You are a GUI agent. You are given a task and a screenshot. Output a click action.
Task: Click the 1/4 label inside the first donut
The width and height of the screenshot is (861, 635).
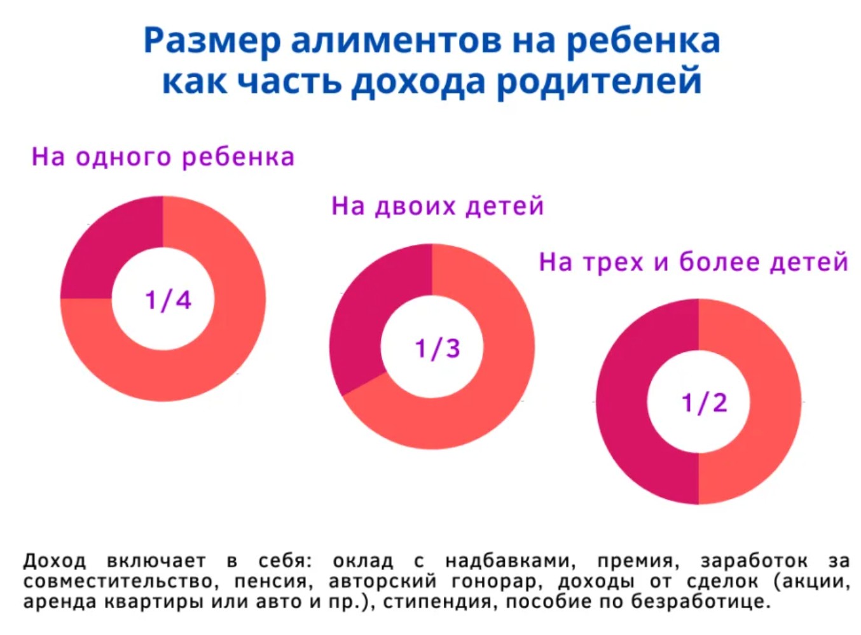point(168,300)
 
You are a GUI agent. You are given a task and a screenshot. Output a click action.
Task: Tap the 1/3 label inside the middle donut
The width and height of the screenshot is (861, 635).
point(437,349)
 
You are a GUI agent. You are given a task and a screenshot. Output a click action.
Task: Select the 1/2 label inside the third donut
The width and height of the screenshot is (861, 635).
point(704,403)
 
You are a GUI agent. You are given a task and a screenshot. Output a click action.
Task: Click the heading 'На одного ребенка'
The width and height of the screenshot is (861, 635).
point(163,157)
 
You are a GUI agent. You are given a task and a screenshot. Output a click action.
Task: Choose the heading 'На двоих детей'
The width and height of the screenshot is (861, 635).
point(437,206)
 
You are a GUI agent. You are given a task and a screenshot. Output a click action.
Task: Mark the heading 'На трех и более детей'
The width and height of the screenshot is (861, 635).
point(693,262)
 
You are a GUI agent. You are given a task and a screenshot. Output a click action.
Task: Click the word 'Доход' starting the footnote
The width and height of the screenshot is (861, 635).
point(55,561)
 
